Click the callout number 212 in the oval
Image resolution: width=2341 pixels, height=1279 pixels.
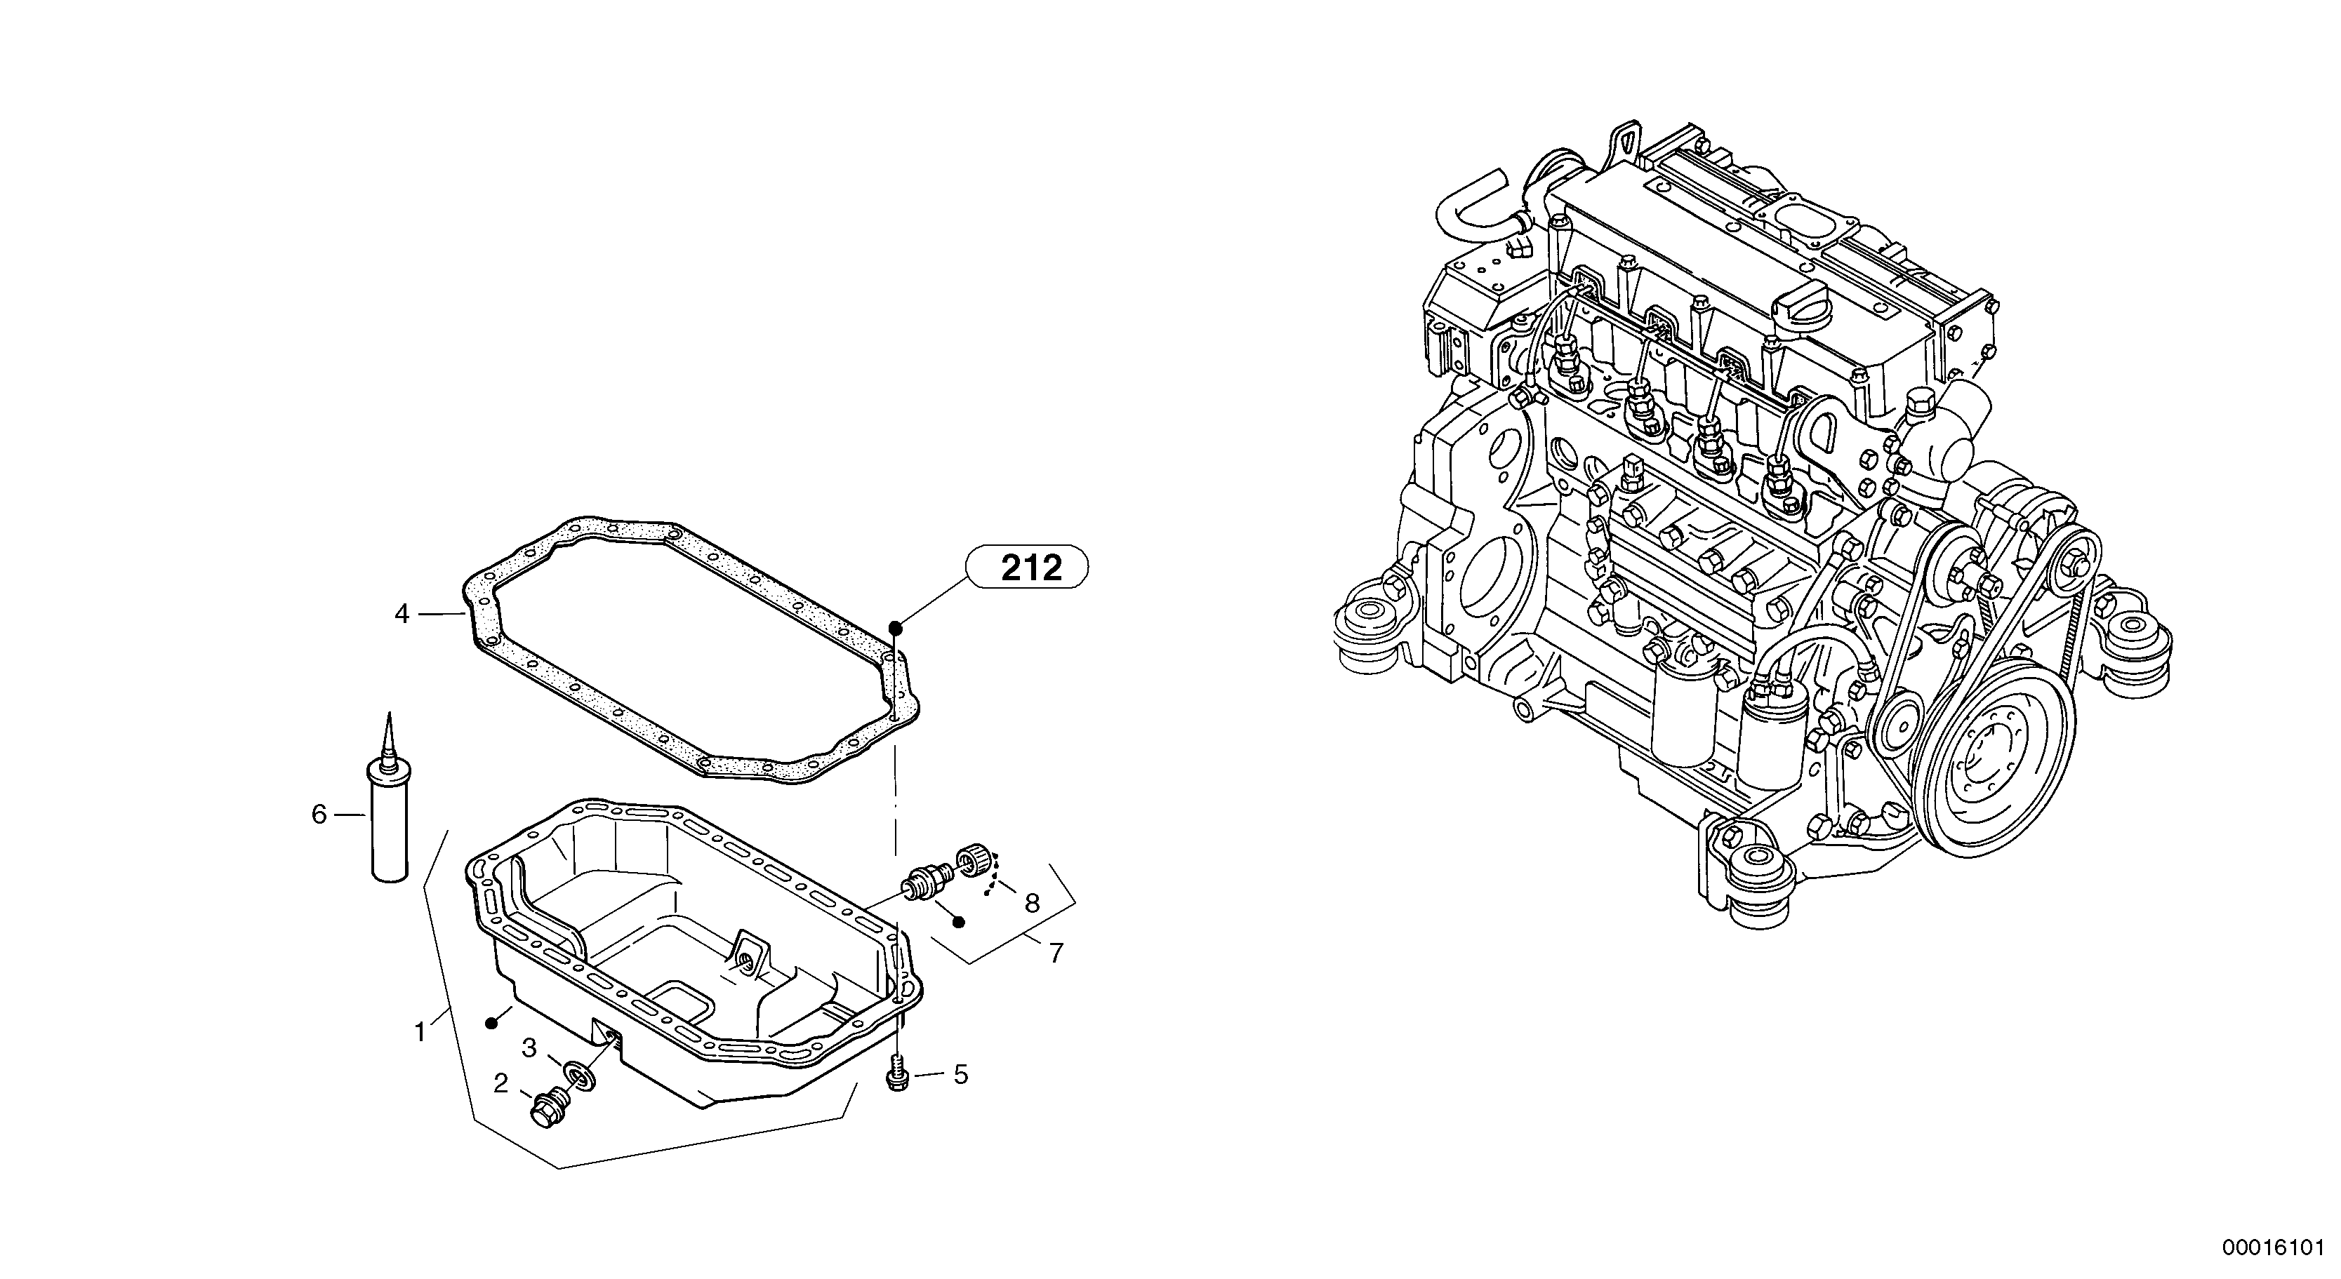[1030, 569]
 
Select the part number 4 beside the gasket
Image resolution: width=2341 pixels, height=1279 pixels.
[402, 615]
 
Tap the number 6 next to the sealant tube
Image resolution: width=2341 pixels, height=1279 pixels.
[318, 815]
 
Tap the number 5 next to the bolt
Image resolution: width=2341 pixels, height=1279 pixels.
[960, 1076]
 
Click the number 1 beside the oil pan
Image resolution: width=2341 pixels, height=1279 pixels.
[420, 1033]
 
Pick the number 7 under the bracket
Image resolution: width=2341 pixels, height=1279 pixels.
[1055, 953]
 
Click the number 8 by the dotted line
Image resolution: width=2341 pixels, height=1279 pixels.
[1031, 904]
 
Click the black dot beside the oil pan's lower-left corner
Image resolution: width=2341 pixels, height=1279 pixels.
[491, 1024]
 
